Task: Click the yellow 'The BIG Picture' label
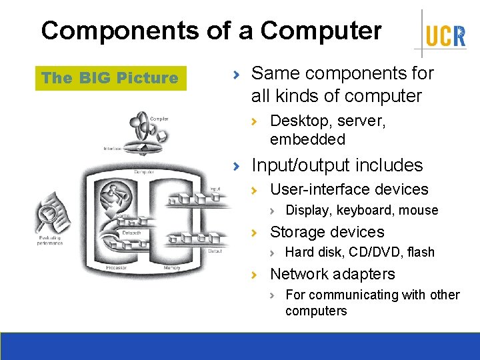110,78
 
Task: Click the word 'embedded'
307,139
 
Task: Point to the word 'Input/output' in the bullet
297,165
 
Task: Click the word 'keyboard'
364,211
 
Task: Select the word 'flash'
420,252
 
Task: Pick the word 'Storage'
293,232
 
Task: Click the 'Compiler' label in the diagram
159,119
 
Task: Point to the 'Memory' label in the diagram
171,268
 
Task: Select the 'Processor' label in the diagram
116,268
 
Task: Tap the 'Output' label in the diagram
215,251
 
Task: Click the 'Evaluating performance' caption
51,239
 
